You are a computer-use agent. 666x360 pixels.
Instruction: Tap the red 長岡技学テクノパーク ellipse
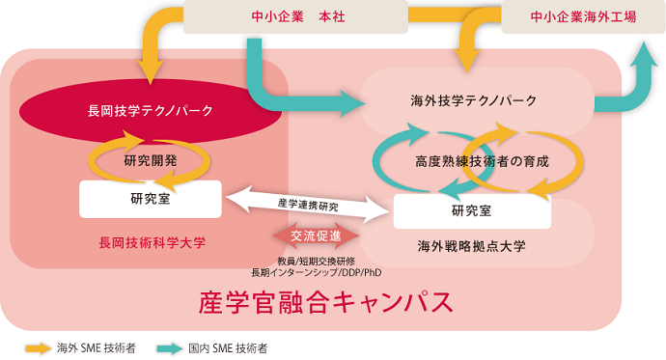pyautogui.click(x=150, y=110)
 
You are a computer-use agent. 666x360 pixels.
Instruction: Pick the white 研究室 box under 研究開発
pyautogui.click(x=150, y=199)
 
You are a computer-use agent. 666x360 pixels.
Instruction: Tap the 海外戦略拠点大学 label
pyautogui.click(x=471, y=246)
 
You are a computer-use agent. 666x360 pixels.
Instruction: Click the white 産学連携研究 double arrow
pyautogui.click(x=308, y=205)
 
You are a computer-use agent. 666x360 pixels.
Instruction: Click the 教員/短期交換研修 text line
pyautogui.click(x=316, y=261)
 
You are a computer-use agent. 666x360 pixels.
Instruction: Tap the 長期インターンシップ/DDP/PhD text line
pyautogui.click(x=316, y=272)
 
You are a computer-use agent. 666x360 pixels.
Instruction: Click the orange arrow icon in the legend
pyautogui.click(x=39, y=347)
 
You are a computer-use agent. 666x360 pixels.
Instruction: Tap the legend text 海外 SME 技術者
pyautogui.click(x=96, y=347)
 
